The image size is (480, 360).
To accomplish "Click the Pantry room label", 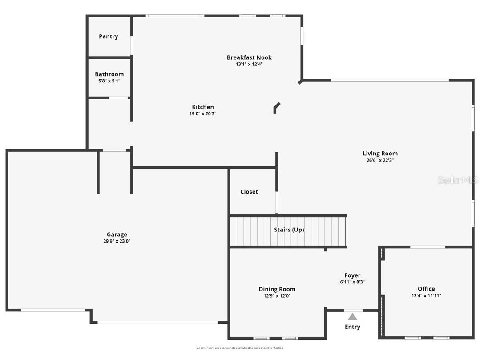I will click(109, 36).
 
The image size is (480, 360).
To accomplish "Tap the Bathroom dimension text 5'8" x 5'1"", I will click(109, 81).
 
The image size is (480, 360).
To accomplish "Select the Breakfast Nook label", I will click(249, 57).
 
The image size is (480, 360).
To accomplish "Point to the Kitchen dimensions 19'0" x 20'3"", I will click(203, 113).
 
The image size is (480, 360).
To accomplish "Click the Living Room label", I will click(380, 154).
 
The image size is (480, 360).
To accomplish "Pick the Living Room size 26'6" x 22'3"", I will click(380, 160).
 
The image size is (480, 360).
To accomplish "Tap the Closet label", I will click(249, 192).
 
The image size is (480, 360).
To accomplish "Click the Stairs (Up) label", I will click(289, 230).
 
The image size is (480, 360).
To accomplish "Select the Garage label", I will click(117, 235).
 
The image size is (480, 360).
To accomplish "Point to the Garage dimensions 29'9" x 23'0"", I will click(117, 241).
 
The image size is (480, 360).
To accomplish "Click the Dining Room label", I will click(277, 289).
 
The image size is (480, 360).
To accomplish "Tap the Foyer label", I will click(352, 275).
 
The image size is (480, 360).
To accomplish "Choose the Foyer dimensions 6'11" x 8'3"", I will click(352, 282).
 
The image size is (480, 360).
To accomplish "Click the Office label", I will click(426, 289).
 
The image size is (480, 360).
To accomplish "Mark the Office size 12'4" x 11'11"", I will click(426, 295).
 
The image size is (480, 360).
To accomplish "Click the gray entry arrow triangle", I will click(352, 317).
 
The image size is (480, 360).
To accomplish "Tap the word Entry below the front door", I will click(352, 327).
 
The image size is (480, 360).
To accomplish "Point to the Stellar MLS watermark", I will click(458, 180).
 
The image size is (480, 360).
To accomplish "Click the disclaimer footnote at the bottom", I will click(240, 348).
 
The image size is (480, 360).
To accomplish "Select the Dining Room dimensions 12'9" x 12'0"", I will click(277, 296).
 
